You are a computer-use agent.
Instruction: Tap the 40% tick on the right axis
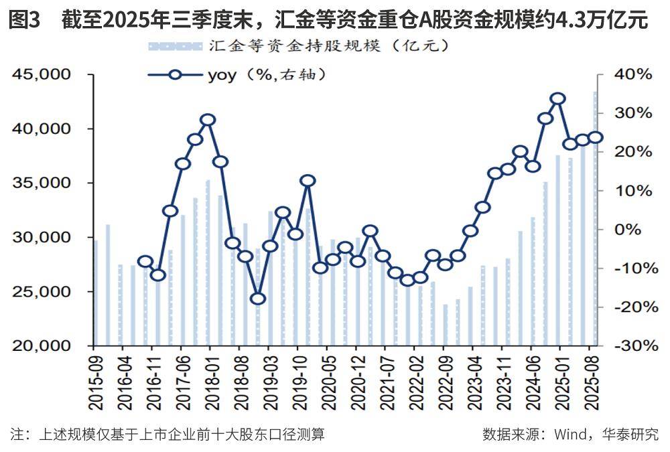(632, 74)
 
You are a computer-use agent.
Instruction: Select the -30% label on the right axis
(630, 346)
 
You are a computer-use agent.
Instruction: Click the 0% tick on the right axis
(635, 230)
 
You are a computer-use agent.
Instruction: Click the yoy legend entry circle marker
(175, 75)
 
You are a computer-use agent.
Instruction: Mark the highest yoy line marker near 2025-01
(557, 99)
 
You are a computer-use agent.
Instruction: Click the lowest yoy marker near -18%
(259, 299)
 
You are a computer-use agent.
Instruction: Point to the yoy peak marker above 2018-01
(208, 120)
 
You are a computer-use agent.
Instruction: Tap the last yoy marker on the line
(595, 138)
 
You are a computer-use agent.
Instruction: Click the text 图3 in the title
(25, 21)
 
